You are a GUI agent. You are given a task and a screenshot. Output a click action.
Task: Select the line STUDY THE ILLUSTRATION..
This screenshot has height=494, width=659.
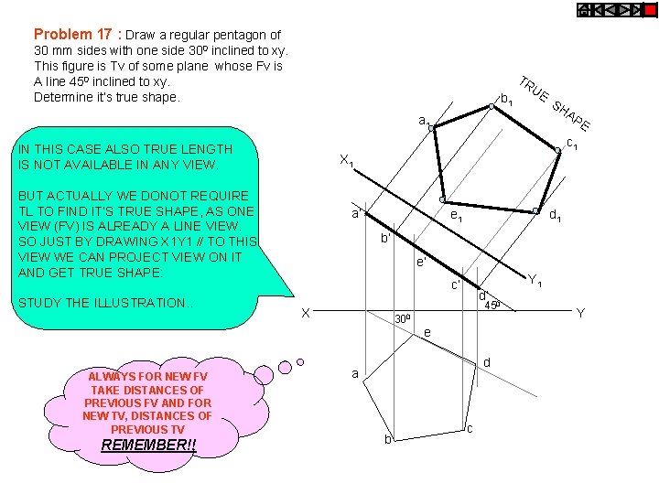(106, 303)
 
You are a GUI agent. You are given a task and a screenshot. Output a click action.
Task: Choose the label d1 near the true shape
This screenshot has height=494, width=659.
(555, 216)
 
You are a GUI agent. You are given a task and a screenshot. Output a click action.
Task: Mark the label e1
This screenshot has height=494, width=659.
(455, 217)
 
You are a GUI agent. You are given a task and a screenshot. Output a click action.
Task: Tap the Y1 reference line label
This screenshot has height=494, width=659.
(535, 281)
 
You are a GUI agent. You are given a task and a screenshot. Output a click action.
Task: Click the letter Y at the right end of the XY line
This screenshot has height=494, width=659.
(579, 313)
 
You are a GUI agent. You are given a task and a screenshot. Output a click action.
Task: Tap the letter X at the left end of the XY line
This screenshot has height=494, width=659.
(308, 313)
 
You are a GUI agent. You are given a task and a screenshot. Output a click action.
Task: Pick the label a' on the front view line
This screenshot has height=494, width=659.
(359, 213)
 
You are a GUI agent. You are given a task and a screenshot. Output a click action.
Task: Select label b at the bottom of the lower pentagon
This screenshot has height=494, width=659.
(387, 440)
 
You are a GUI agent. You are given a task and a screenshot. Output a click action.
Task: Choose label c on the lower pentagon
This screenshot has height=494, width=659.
(470, 429)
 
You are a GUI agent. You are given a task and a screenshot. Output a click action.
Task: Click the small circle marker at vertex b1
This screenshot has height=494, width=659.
(491, 107)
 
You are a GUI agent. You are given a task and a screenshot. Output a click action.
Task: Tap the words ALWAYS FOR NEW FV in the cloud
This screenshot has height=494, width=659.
(148, 376)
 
